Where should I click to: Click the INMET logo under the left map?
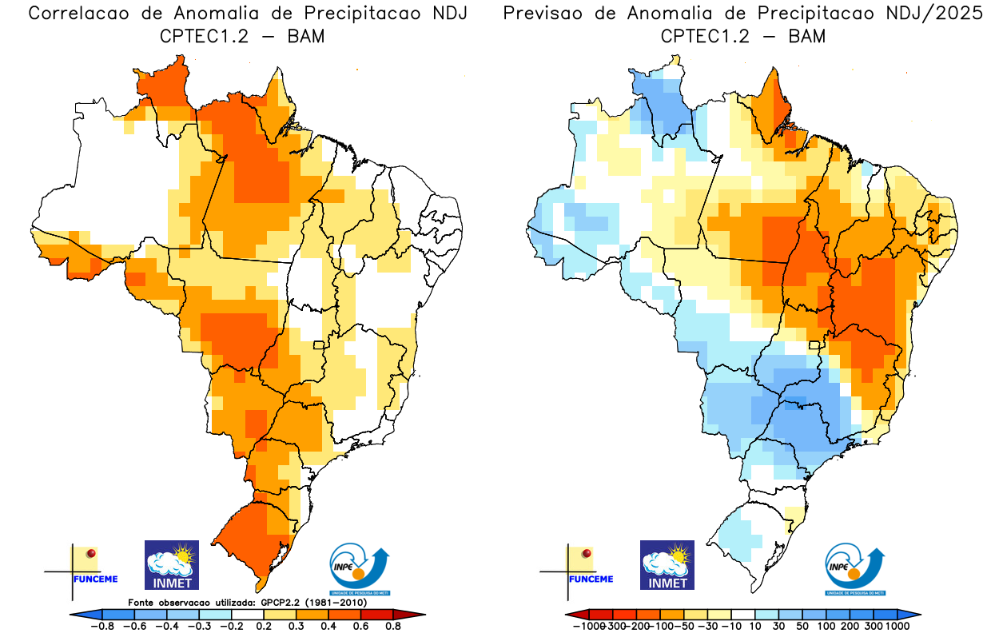point(171,564)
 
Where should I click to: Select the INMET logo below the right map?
point(667,564)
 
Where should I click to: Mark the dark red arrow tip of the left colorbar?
point(416,614)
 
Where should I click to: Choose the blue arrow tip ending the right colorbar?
point(913,614)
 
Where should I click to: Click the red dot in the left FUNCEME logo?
point(91,553)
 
